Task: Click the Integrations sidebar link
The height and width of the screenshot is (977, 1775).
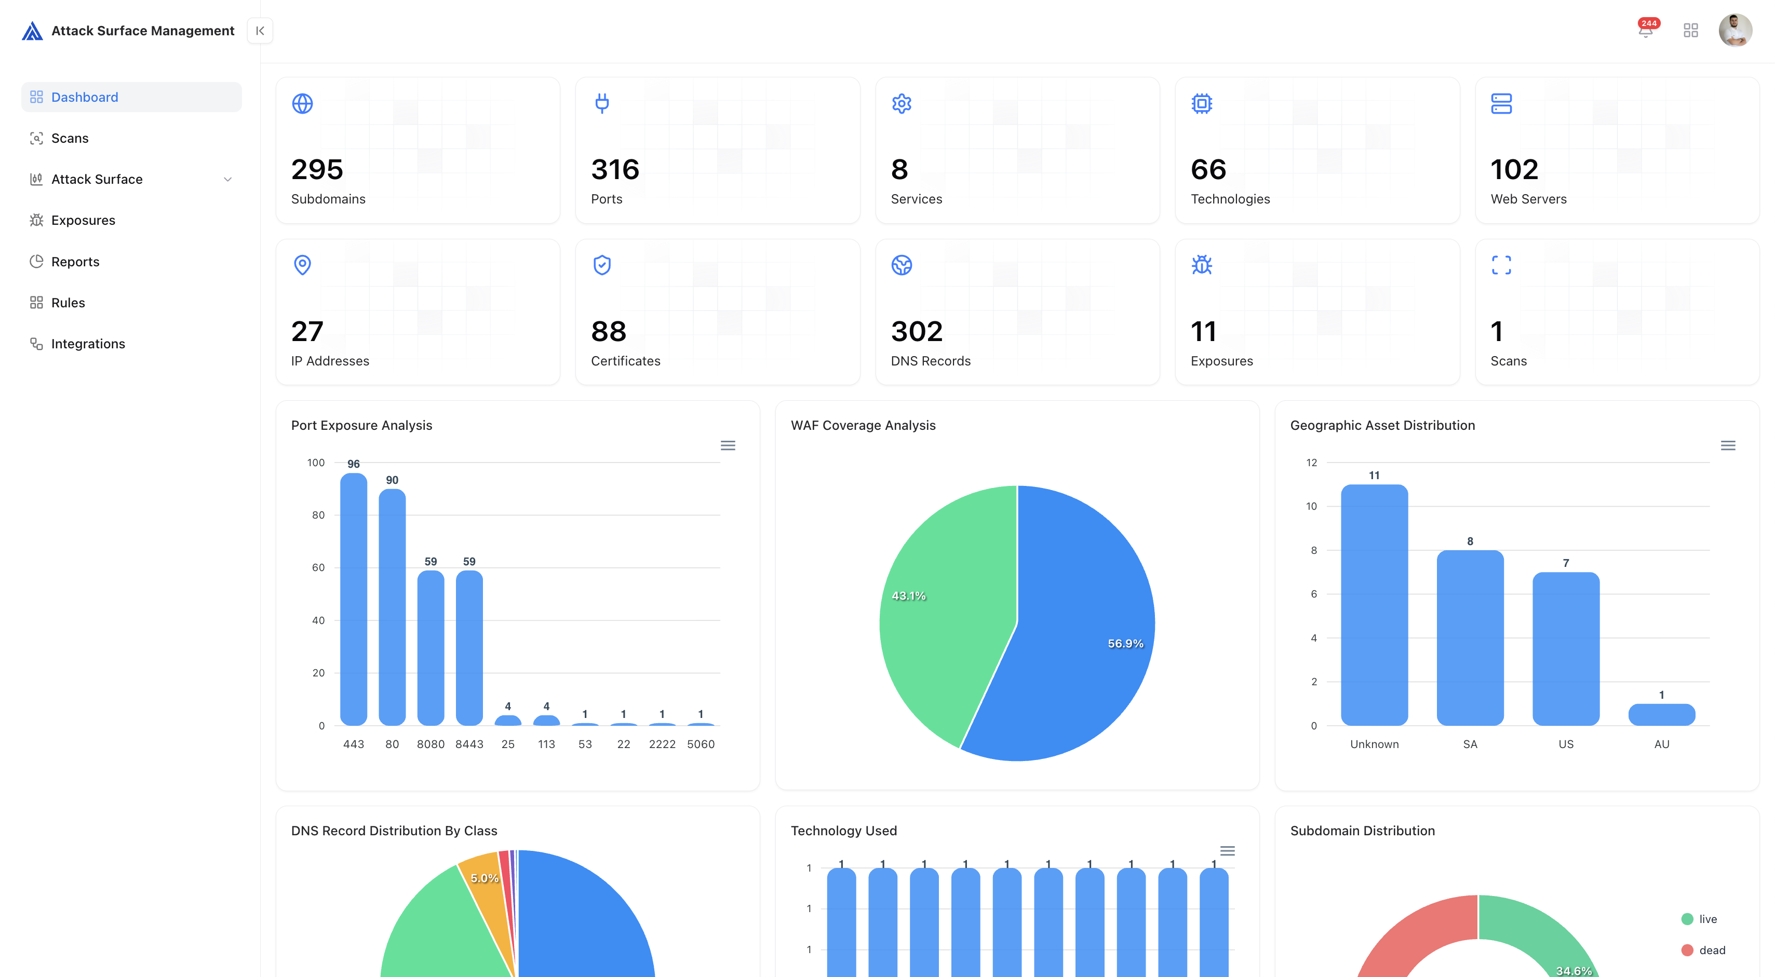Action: tap(88, 344)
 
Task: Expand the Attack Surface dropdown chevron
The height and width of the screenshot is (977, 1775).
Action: tap(227, 179)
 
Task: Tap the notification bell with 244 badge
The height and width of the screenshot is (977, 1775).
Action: tap(1646, 30)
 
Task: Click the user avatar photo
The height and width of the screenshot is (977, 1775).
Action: tap(1734, 30)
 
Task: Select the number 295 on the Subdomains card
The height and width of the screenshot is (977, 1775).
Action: tap(317, 169)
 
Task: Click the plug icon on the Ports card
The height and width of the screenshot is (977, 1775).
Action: tap(601, 103)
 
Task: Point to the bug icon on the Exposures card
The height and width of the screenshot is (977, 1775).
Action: tap(1202, 265)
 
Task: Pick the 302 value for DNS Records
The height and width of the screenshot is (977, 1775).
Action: tap(917, 331)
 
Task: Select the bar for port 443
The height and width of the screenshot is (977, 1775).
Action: tap(354, 600)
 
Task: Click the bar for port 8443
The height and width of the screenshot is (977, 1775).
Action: tap(469, 648)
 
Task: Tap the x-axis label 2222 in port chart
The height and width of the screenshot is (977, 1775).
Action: tap(662, 744)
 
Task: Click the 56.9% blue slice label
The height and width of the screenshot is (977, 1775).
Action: tap(1125, 644)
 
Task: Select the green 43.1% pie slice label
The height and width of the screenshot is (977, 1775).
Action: tap(908, 596)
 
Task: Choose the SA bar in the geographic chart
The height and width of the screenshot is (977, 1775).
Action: tap(1470, 637)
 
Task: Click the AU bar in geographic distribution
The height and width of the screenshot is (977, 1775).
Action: tap(1661, 714)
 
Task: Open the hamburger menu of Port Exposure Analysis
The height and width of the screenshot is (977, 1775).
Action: tap(728, 446)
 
